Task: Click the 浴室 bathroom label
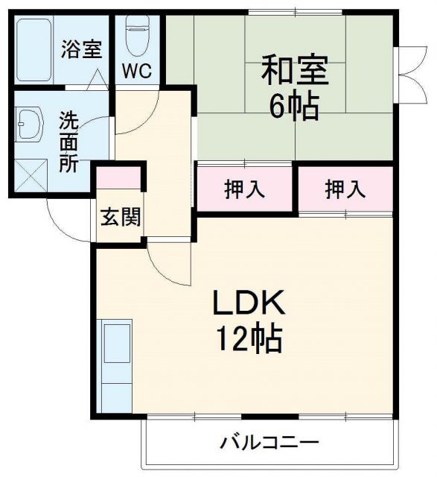80,52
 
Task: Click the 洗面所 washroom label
68,142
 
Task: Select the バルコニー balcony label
269,443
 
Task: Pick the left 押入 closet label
244,189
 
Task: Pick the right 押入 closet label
345,189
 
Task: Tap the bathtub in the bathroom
36,51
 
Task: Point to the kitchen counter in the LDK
115,365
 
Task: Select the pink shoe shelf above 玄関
118,178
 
